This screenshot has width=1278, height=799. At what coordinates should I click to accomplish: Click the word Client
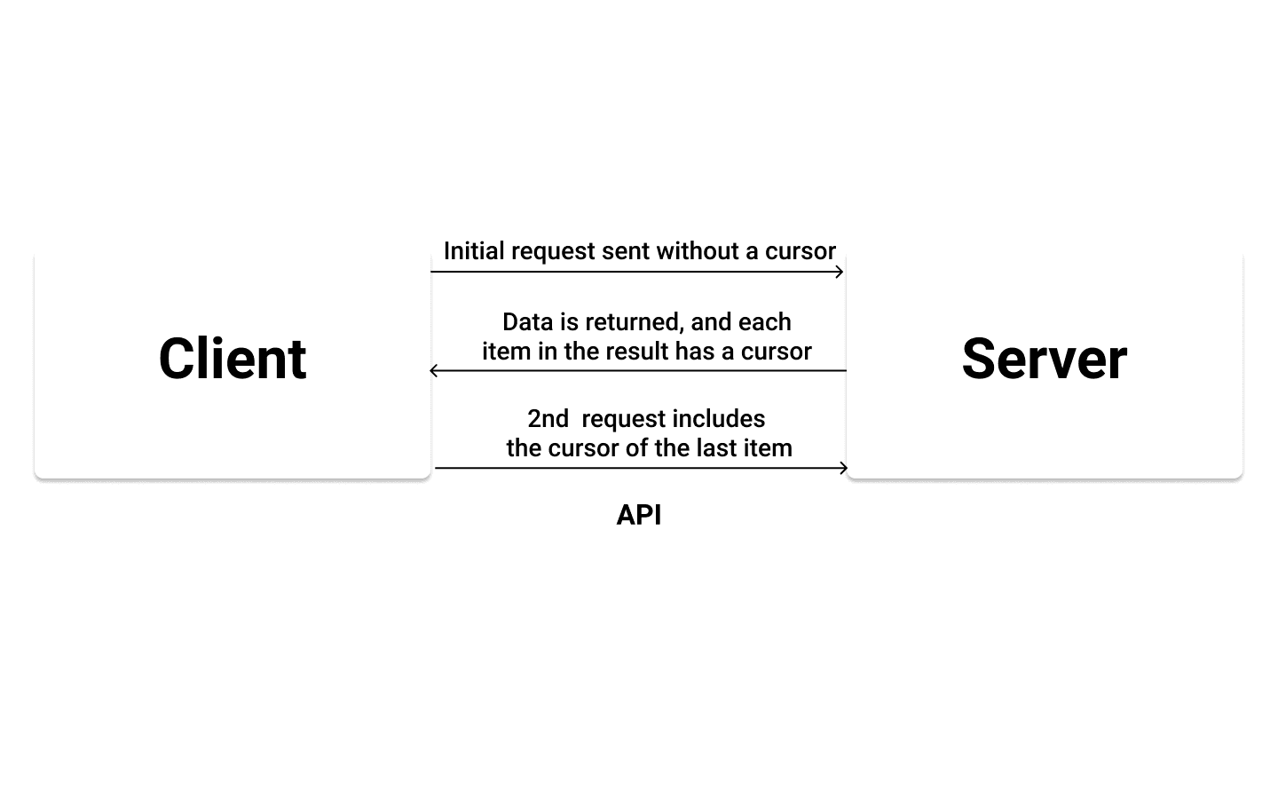click(x=233, y=359)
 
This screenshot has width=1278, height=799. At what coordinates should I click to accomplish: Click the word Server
click(x=1044, y=359)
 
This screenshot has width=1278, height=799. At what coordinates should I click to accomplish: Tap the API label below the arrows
click(x=639, y=515)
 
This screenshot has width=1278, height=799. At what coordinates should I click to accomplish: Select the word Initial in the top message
click(x=475, y=251)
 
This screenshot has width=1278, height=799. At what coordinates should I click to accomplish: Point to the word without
click(x=698, y=251)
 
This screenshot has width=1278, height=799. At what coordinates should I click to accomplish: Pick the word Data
click(x=528, y=321)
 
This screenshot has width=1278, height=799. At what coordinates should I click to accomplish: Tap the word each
click(x=764, y=321)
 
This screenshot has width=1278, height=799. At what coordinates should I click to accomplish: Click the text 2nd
click(x=548, y=419)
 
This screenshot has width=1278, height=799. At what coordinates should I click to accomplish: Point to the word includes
click(x=719, y=419)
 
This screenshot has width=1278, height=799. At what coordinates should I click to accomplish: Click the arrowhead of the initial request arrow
click(x=840, y=272)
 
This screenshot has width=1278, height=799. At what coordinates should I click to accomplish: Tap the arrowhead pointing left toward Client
click(x=433, y=370)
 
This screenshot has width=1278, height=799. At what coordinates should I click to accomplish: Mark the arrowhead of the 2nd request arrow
click(x=844, y=468)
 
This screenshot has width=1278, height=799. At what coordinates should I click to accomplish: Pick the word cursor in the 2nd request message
click(x=588, y=448)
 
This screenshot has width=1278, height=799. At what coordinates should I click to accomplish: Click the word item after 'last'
click(x=768, y=448)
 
